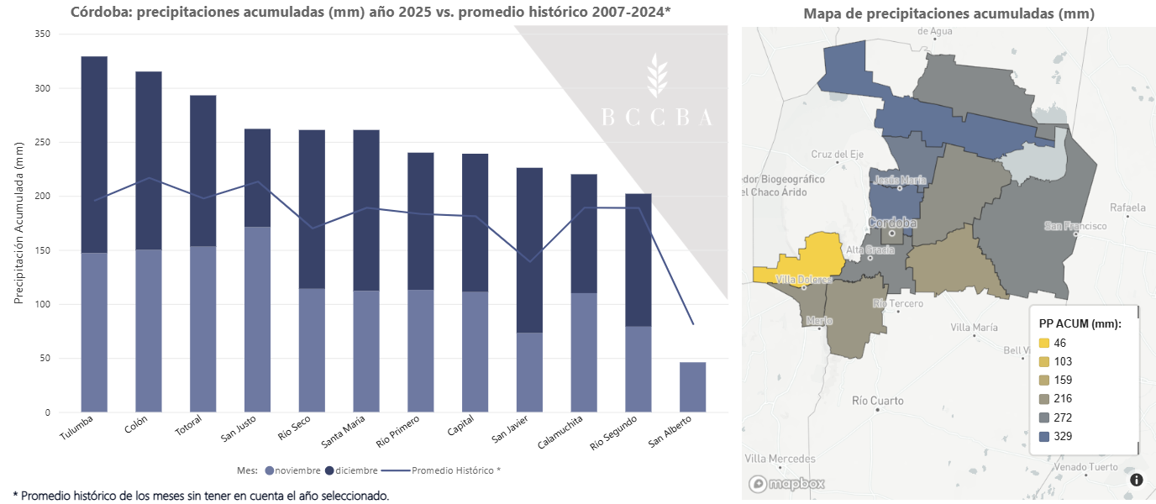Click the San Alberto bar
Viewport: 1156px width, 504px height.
(692, 387)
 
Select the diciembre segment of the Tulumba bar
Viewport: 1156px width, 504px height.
(94, 155)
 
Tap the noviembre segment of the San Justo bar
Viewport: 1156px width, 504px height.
(257, 319)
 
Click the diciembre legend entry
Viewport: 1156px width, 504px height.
(351, 470)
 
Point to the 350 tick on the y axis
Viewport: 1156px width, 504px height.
(42, 34)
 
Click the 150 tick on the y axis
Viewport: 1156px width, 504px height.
(42, 250)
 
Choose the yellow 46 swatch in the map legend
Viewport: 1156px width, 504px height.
(1044, 343)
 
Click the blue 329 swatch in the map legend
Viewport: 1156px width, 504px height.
(1044, 436)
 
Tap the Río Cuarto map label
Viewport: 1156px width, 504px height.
(877, 401)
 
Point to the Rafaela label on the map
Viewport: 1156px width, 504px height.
(1127, 207)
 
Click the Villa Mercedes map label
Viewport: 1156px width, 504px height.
(780, 459)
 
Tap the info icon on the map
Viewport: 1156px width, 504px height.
(1137, 480)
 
